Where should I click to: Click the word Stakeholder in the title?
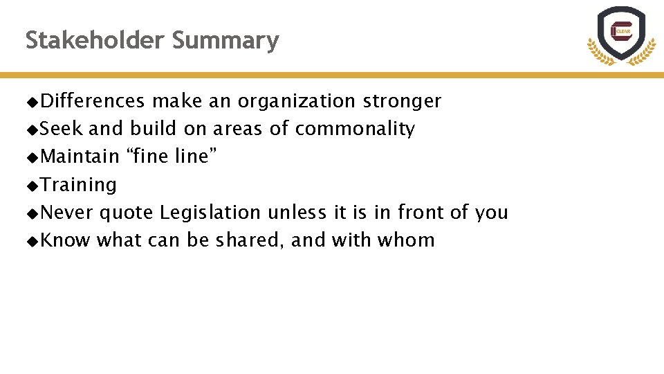tap(95, 40)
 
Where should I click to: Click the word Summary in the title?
tap(225, 40)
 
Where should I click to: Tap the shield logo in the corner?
tap(621, 35)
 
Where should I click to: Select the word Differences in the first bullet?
tap(93, 101)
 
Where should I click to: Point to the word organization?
tap(296, 101)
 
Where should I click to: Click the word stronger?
tap(401, 101)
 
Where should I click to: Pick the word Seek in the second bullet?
tap(62, 129)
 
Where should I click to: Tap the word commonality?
tap(355, 129)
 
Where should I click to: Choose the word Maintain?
tap(80, 157)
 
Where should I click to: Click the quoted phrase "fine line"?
tap(171, 157)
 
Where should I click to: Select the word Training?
tap(78, 185)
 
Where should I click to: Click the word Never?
tap(67, 212)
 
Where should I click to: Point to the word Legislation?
tap(210, 212)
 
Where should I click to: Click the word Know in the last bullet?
tap(65, 240)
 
